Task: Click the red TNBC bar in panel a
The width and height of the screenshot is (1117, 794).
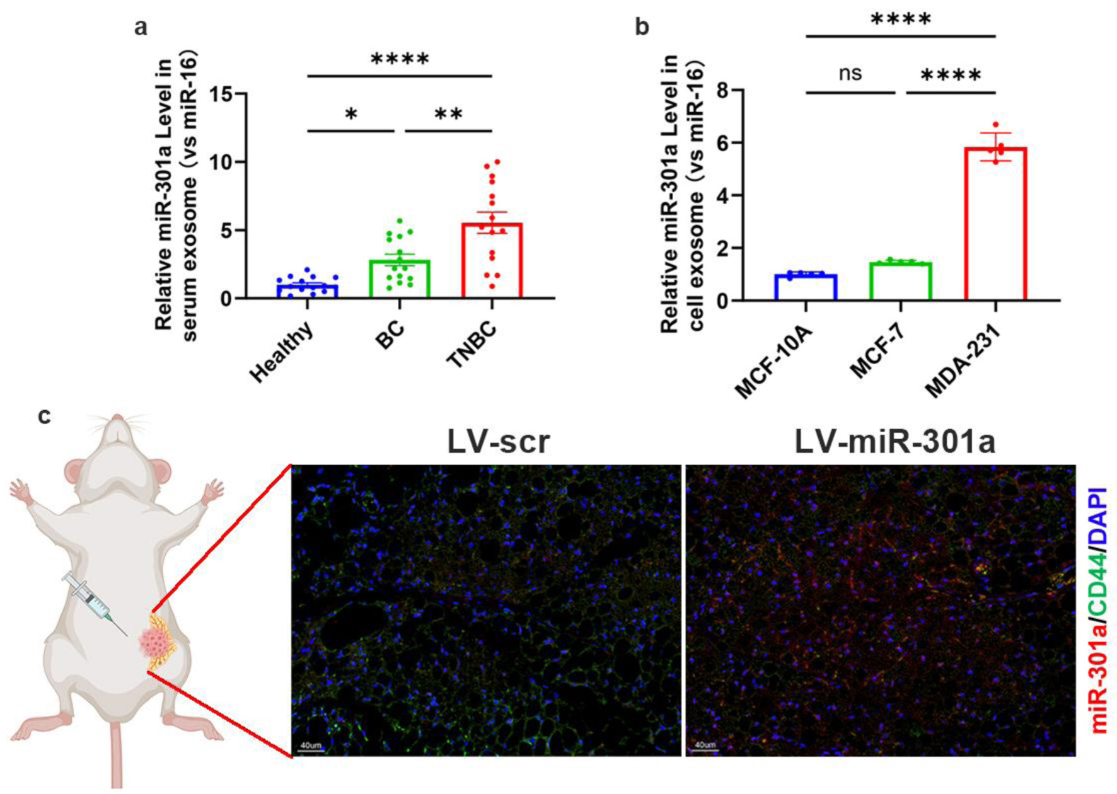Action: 492,260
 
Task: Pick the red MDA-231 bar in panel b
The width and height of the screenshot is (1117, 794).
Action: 995,224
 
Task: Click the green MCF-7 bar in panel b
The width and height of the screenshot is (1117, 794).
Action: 901,282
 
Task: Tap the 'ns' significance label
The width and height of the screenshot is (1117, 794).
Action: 850,73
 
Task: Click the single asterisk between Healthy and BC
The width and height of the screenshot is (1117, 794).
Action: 351,115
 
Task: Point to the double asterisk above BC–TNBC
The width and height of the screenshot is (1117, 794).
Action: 448,115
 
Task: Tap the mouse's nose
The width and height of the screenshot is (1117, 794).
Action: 117,419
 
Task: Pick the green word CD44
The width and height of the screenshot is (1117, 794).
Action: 1099,588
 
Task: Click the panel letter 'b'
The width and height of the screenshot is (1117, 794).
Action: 642,27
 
